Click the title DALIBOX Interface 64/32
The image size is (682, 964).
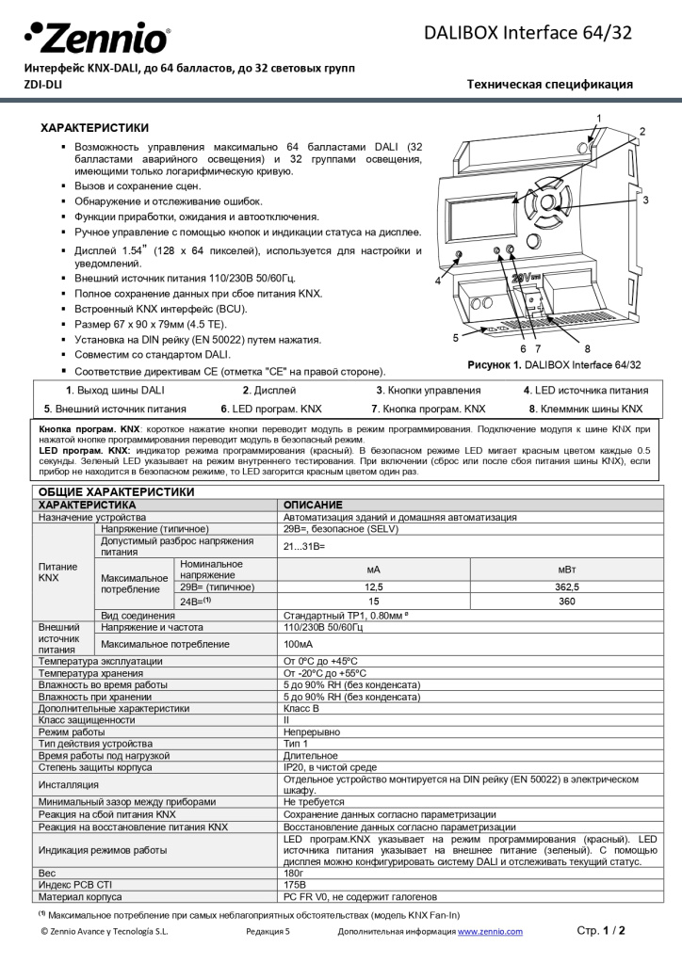pyautogui.click(x=528, y=34)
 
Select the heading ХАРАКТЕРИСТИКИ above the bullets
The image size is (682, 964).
pyautogui.click(x=93, y=127)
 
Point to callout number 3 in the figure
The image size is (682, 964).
pyautogui.click(x=645, y=200)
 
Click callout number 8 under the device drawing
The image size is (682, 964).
pyautogui.click(x=587, y=348)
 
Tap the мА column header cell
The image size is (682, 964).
pyautogui.click(x=373, y=569)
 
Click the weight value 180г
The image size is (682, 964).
pyautogui.click(x=294, y=873)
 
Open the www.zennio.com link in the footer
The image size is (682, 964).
pyautogui.click(x=490, y=931)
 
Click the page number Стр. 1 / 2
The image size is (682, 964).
pyautogui.click(x=601, y=930)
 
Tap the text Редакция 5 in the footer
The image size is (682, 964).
pyautogui.click(x=268, y=931)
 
